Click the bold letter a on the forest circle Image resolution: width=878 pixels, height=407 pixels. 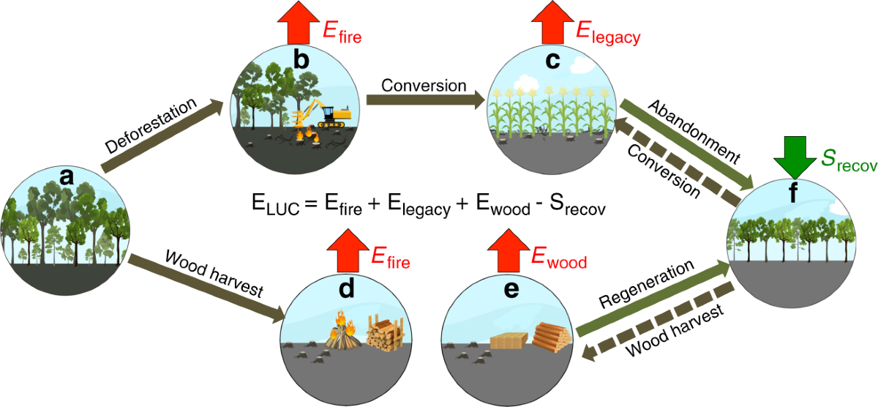[x=67, y=176]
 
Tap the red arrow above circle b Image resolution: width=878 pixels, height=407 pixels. [x=299, y=23]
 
